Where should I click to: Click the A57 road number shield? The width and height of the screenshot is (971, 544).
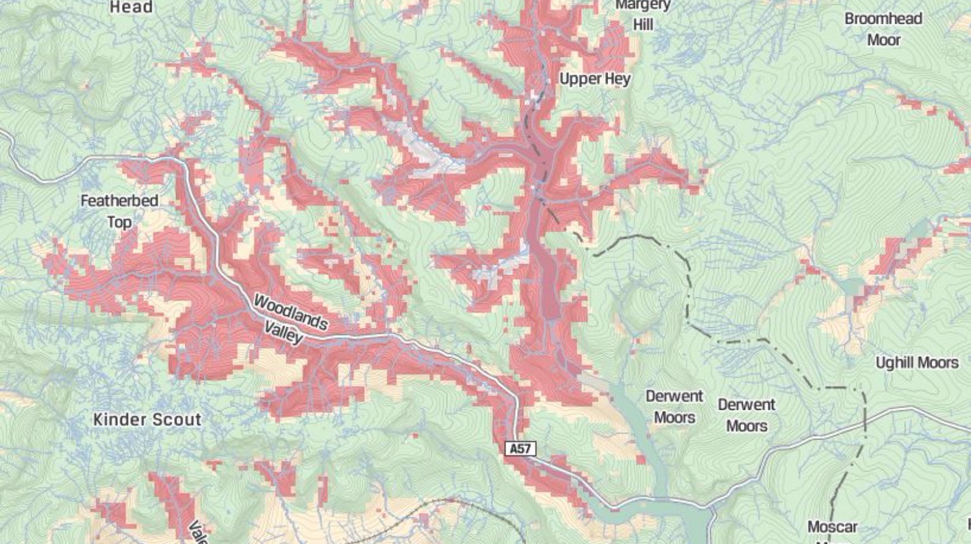coord(520,449)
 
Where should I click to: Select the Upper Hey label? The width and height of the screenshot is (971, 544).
coord(595,79)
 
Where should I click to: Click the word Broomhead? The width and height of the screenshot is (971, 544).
coord(883,19)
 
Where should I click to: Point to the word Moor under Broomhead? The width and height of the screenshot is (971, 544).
coord(884,40)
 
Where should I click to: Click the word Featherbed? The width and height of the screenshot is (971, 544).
coord(120,200)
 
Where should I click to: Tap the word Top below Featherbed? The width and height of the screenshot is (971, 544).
coord(120,222)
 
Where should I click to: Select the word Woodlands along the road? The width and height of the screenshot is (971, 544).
coord(291,311)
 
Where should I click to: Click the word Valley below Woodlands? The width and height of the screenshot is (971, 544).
coord(283,332)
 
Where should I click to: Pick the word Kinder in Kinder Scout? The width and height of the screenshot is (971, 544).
coord(119,420)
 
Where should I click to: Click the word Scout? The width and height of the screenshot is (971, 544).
coord(177,420)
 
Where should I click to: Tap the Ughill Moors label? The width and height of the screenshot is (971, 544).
coord(916,363)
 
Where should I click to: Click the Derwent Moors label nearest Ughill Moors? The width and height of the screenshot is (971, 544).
coord(746,415)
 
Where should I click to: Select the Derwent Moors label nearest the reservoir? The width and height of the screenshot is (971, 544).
coord(674,407)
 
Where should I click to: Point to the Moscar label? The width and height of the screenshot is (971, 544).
coord(832,526)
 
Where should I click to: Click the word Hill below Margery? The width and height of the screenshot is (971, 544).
coord(643,25)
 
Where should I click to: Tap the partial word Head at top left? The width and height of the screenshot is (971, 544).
coord(130,7)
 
